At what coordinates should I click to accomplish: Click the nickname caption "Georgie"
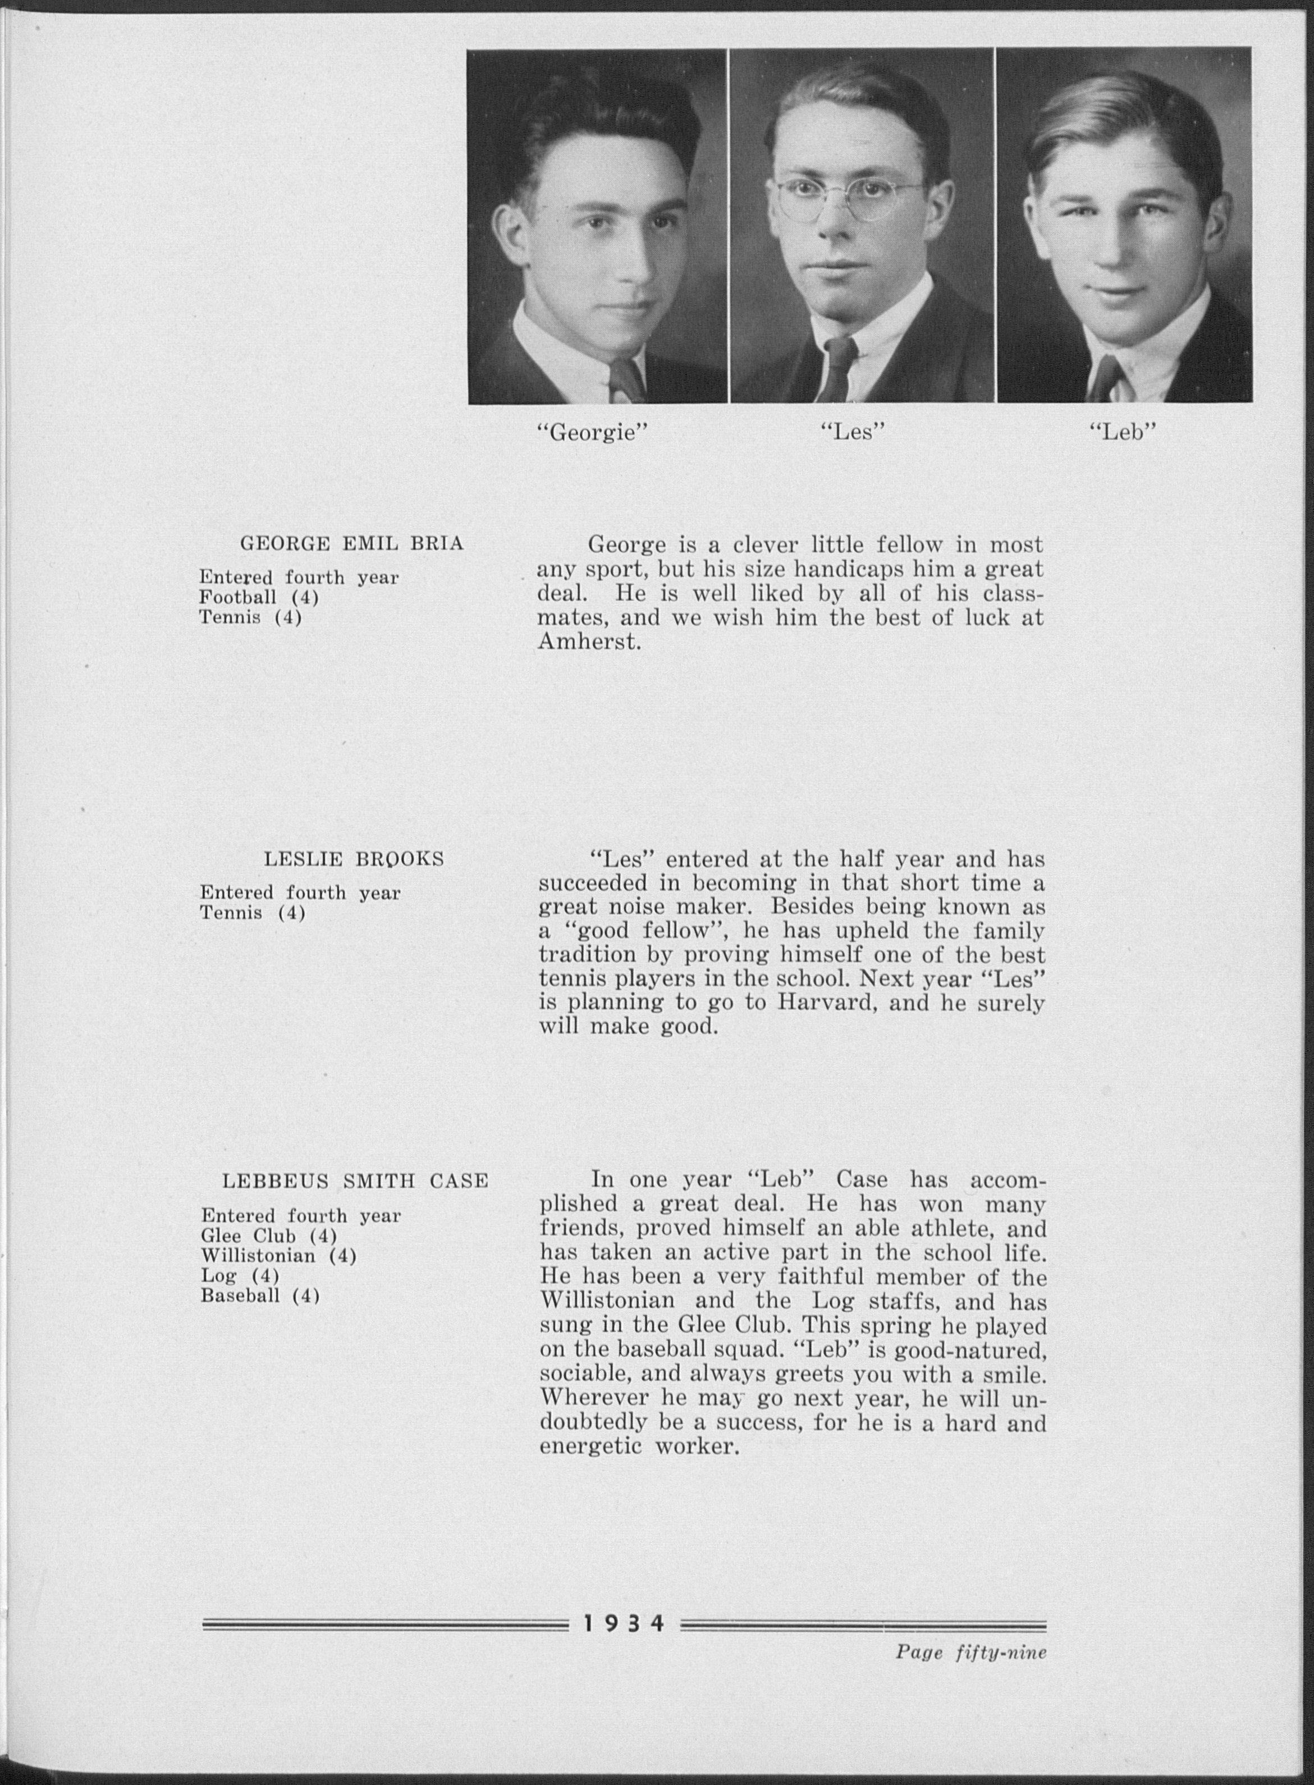[x=593, y=433]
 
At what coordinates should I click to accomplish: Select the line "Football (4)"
[x=259, y=597]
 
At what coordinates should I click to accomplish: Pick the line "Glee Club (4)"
[x=269, y=1235]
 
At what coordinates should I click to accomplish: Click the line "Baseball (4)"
[x=260, y=1296]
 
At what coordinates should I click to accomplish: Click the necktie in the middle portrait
[x=839, y=369]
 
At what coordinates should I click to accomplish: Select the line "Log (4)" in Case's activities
[x=240, y=1276]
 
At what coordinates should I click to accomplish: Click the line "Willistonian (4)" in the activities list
[x=278, y=1255]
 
